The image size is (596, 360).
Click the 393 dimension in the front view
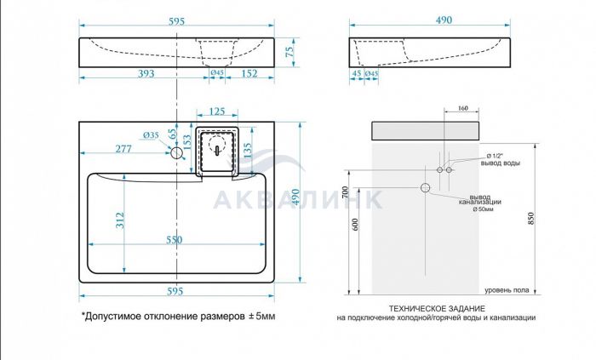coord(146,73)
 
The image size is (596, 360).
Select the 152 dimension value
coord(249,73)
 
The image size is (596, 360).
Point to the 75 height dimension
coord(289,52)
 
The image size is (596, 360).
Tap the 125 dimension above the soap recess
coord(217,111)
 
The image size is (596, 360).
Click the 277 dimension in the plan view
coord(123,148)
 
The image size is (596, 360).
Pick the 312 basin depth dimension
coord(120,220)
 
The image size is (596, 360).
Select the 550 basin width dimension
coord(174,240)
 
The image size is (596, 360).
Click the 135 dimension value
coord(247,151)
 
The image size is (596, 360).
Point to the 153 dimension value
coord(187,143)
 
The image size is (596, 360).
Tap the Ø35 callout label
coord(151,135)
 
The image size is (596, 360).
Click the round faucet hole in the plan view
coord(177,152)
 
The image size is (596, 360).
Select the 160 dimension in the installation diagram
coord(462,108)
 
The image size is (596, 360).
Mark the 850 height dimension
coord(531,219)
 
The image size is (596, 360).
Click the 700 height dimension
coord(345,192)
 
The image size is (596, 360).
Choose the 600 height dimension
coord(356,225)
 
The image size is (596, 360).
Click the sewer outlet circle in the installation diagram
coord(426,187)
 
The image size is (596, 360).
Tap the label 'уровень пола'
coord(507,290)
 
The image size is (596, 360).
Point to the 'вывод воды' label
coord(501,163)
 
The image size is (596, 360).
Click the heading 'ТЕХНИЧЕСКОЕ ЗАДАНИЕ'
coord(437,309)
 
